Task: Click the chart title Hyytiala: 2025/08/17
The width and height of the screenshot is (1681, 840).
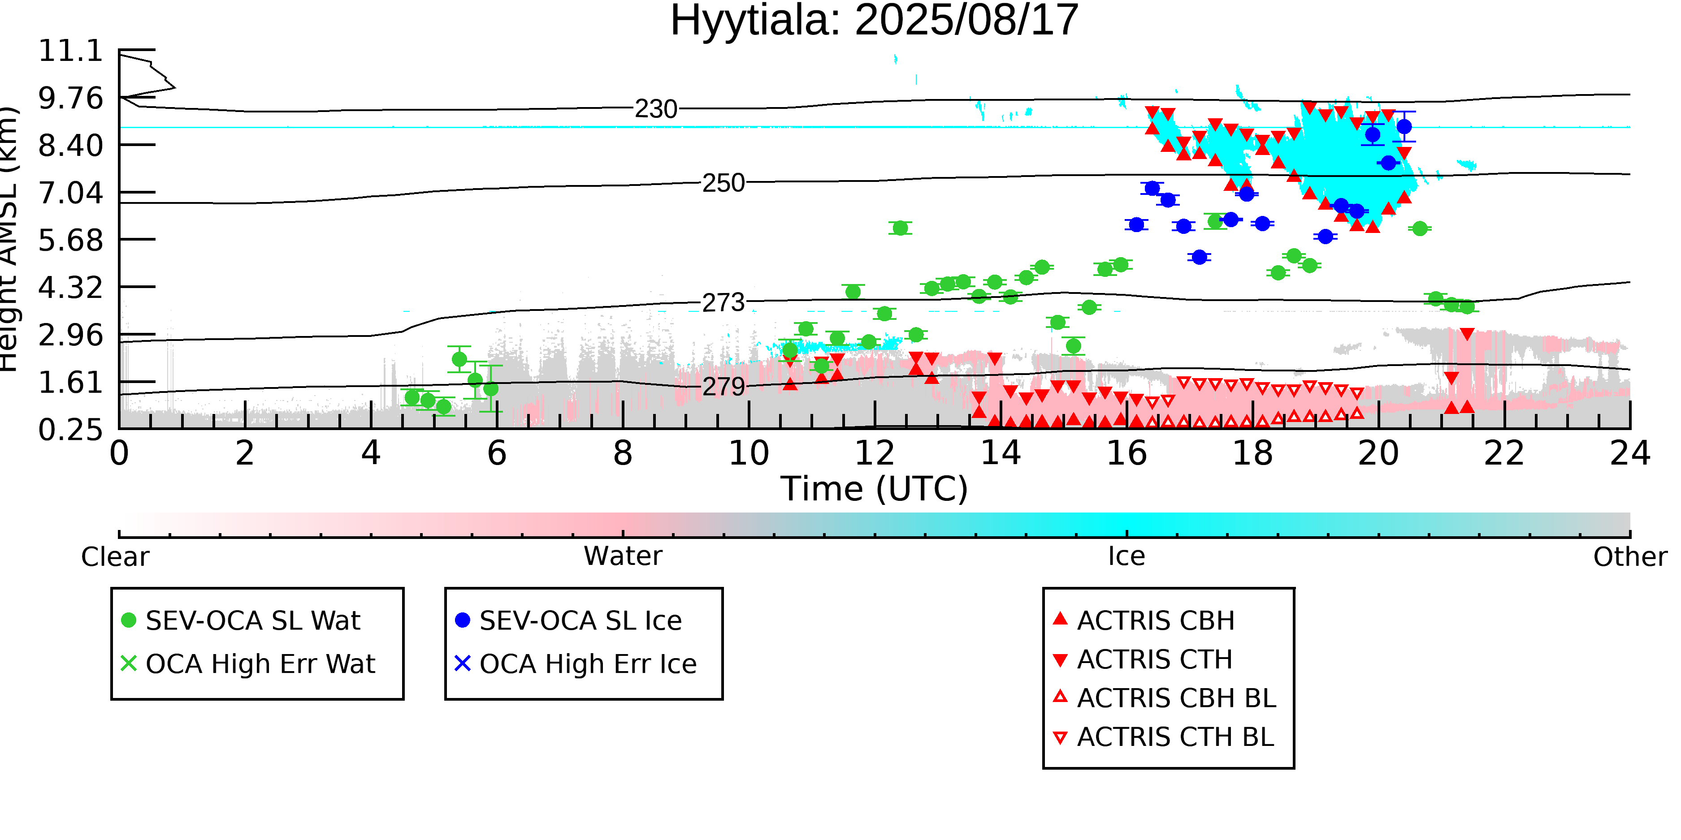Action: point(875,21)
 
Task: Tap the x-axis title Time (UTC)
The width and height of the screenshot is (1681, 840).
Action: point(875,489)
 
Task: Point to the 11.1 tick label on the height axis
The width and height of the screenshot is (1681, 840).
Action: point(71,51)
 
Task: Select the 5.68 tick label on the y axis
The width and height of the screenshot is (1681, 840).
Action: point(71,240)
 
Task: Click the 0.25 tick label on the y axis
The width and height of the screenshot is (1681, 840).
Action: point(71,430)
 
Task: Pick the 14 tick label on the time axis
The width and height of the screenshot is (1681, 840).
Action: point(1001,453)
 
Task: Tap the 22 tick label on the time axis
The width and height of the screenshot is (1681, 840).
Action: point(1504,453)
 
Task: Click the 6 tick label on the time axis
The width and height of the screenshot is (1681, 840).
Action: point(497,453)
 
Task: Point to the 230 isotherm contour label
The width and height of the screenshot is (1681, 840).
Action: point(656,109)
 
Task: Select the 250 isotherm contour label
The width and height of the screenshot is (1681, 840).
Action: point(724,183)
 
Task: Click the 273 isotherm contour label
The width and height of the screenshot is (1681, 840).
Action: point(724,302)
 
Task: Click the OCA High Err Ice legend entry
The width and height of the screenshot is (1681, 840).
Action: point(576,664)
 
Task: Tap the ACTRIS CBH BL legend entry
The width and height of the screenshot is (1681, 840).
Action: point(1165,698)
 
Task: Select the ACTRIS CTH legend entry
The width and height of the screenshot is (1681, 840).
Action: point(1143,659)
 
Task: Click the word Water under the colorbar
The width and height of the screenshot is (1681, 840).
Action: point(623,556)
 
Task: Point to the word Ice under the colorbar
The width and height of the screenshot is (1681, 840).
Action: point(1126,556)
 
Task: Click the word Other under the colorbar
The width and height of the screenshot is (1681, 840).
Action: point(1630,557)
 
